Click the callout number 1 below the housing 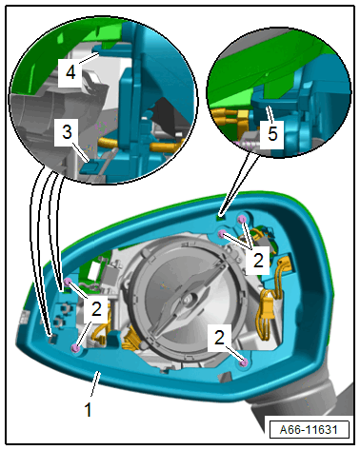[89, 409]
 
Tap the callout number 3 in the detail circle [67, 131]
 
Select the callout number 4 [70, 72]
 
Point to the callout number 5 [272, 133]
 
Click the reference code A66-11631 [309, 430]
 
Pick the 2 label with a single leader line [219, 337]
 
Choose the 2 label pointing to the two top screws [258, 261]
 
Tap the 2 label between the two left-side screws [96, 308]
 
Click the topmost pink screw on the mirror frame [242, 219]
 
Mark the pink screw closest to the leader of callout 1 [75, 348]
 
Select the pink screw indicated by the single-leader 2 [244, 363]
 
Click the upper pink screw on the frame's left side [68, 282]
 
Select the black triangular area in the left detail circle [166, 115]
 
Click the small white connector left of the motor [95, 268]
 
